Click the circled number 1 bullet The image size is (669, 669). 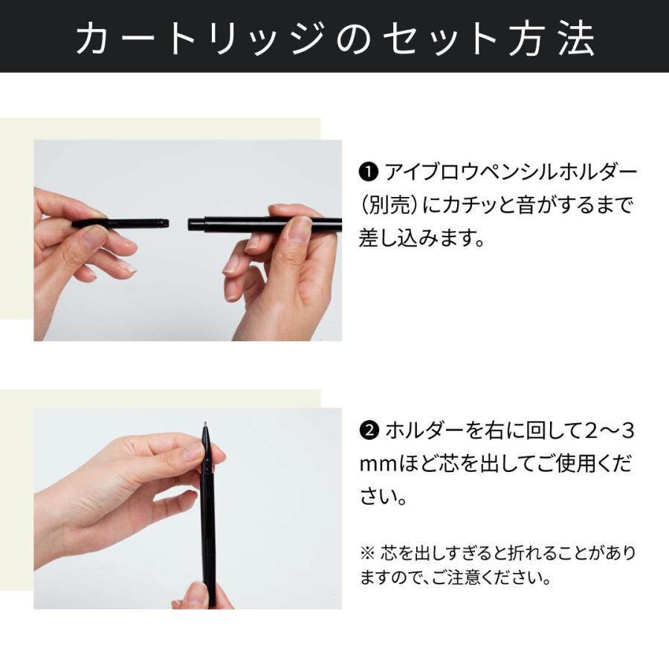tap(369, 173)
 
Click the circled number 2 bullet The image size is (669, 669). tap(369, 430)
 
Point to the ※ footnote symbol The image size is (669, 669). tap(367, 554)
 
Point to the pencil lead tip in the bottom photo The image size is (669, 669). tap(205, 426)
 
